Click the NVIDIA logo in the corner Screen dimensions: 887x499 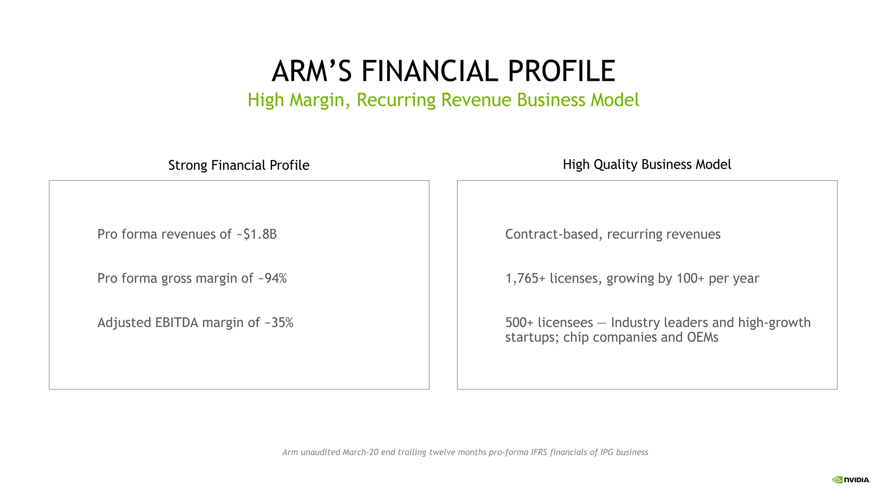point(851,480)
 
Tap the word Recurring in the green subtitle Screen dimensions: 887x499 point(396,100)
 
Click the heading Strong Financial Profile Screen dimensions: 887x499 point(239,165)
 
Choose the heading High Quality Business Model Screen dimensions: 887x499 point(647,164)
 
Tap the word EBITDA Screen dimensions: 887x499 point(177,323)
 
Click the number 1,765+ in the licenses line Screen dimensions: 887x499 point(525,279)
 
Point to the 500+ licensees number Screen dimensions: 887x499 point(519,323)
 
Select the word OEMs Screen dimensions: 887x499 point(703,337)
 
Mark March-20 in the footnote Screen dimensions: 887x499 point(360,452)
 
